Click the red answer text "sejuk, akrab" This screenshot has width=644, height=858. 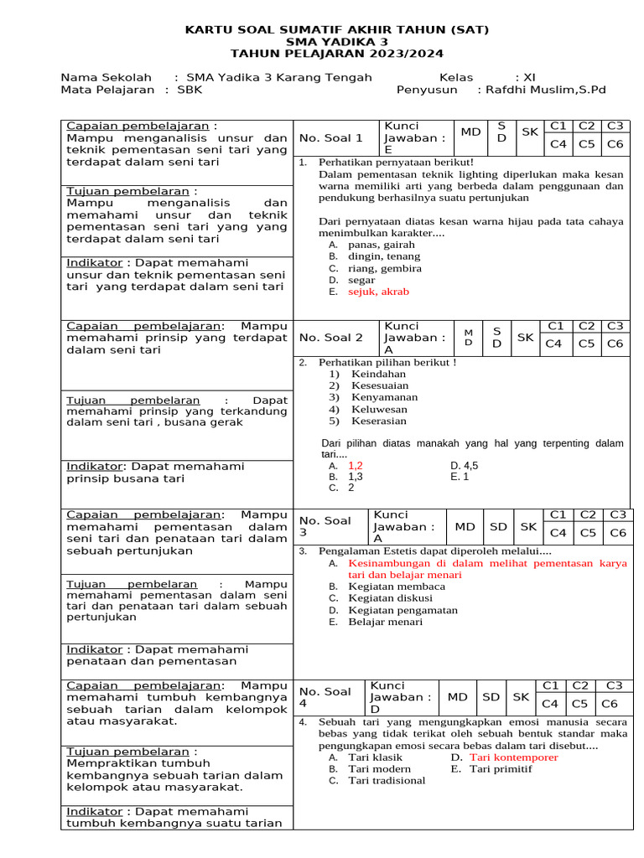tap(378, 292)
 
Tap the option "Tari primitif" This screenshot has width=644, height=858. tap(501, 769)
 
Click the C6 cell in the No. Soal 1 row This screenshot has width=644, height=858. tap(615, 144)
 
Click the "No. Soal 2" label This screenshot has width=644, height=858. tap(331, 338)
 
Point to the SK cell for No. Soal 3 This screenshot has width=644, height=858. tap(528, 527)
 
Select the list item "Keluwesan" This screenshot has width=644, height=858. tap(379, 410)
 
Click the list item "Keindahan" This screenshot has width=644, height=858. tap(379, 375)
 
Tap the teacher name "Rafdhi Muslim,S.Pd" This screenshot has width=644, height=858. tap(541, 90)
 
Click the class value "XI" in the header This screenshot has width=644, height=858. tap(529, 77)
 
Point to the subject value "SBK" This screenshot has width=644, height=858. tap(202, 90)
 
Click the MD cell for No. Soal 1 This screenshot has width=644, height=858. tap(470, 132)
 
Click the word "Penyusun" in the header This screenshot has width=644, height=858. tap(427, 90)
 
